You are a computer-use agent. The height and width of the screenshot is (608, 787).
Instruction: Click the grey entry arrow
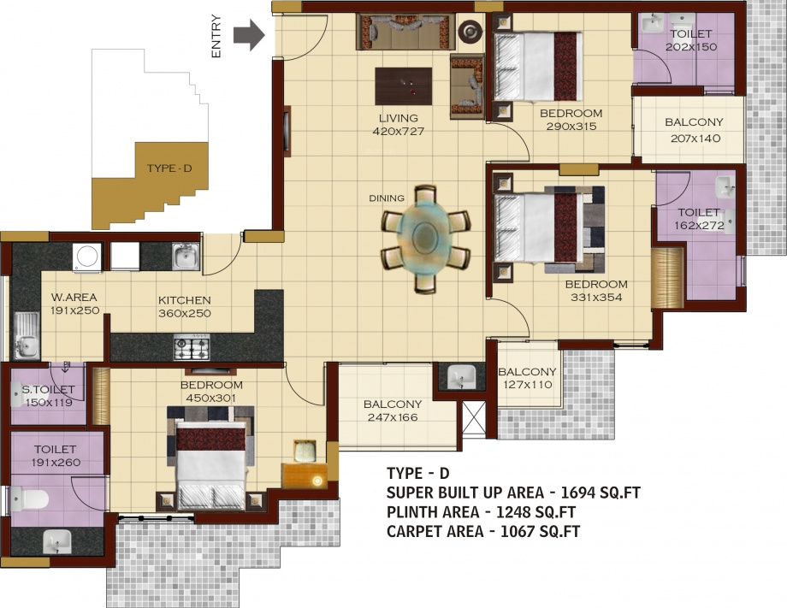[249, 37]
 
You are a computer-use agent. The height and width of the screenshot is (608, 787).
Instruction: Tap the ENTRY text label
[216, 37]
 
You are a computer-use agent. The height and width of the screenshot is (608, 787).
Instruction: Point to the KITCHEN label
[184, 300]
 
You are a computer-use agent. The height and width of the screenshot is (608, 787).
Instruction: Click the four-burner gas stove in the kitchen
[192, 348]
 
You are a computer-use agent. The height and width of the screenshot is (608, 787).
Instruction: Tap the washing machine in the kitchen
[86, 256]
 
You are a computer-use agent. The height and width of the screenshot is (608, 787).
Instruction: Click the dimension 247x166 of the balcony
[393, 418]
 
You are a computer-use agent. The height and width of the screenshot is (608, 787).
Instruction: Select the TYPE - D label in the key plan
[169, 168]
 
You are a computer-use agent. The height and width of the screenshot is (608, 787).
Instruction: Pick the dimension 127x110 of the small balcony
[527, 385]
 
